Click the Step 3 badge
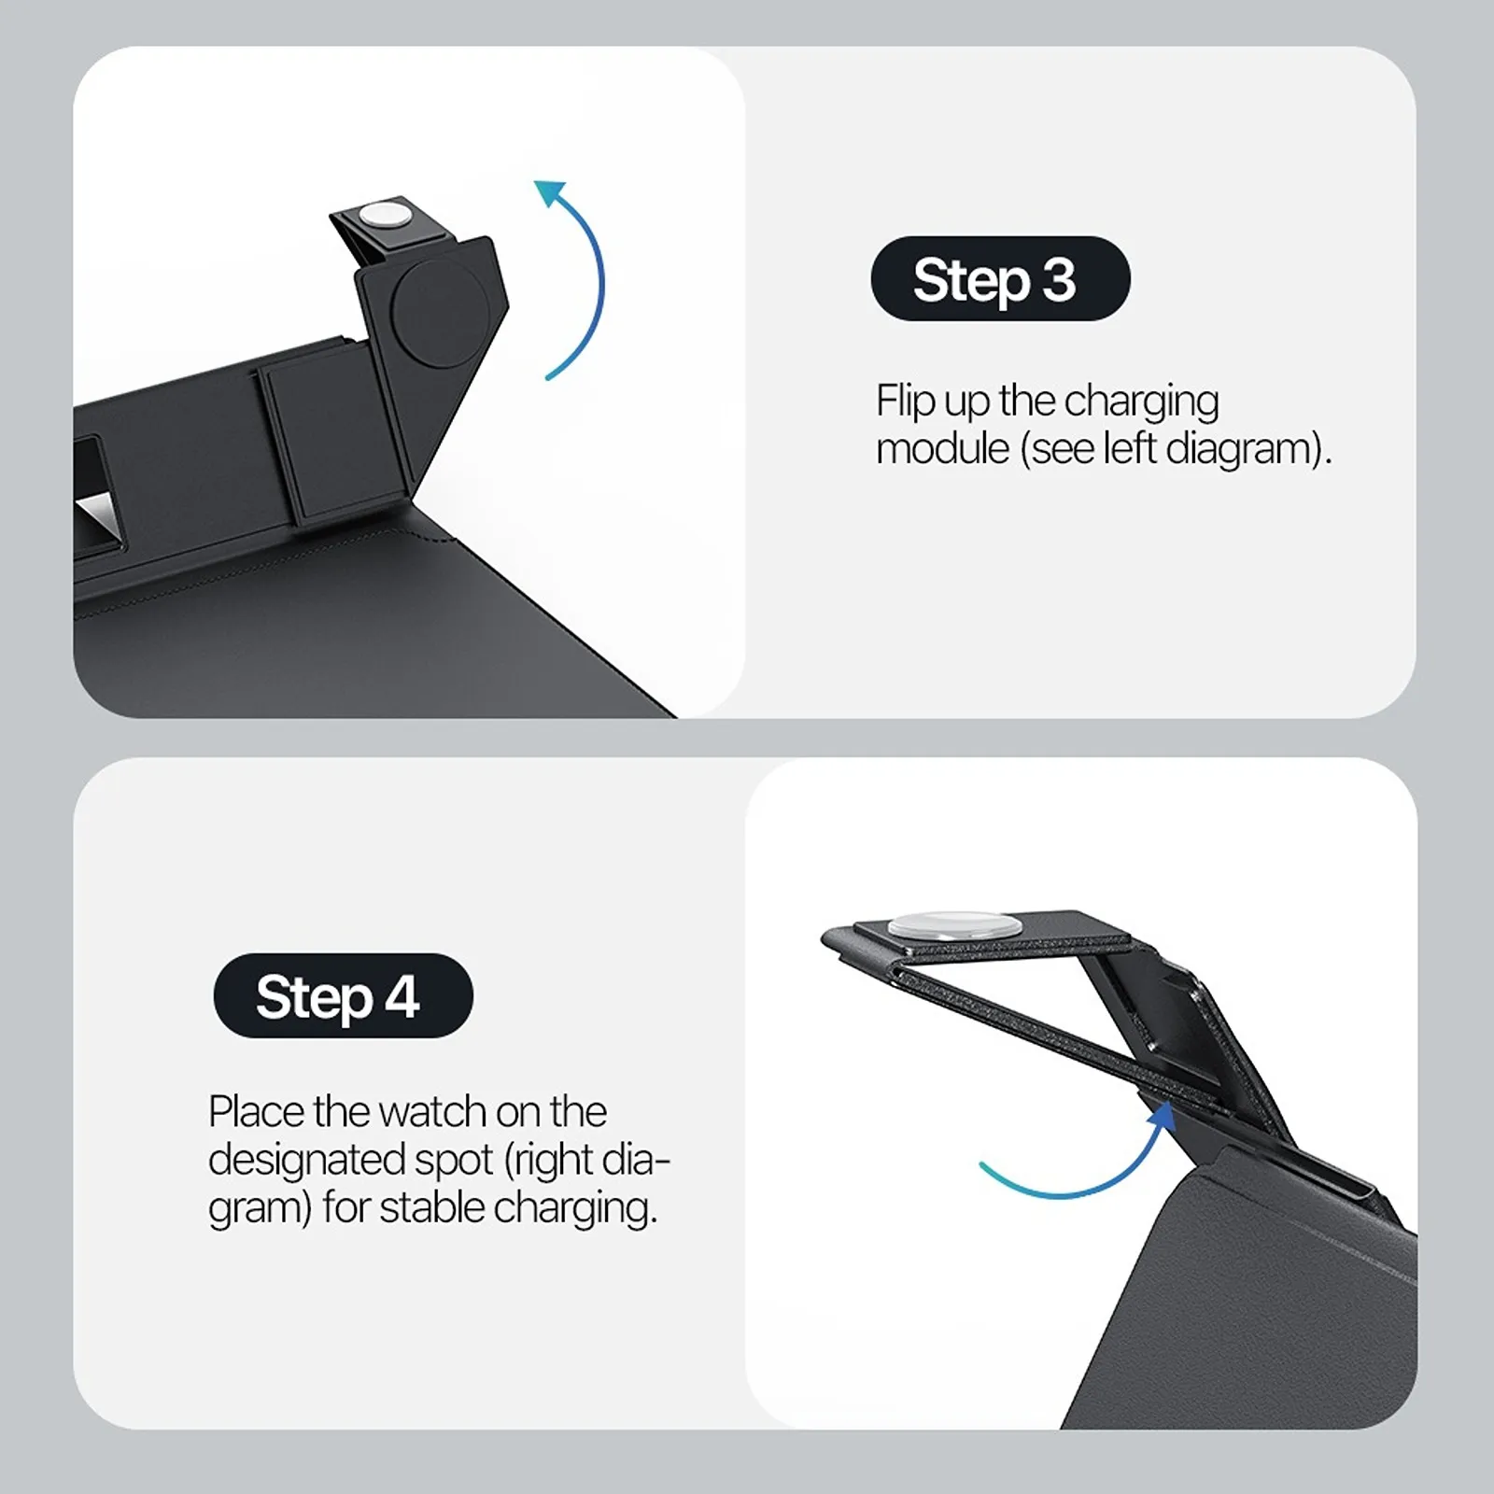pos(1000,278)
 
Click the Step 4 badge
pos(343,995)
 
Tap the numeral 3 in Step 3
pos(1059,279)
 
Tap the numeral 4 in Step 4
pos(402,996)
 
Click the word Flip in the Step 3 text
pos(905,402)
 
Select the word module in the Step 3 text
pos(943,449)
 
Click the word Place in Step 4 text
pos(256,1112)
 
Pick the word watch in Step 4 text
pos(432,1112)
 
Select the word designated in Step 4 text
pos(305,1162)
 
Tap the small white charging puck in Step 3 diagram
pos(386,215)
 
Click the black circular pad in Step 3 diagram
pos(437,311)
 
